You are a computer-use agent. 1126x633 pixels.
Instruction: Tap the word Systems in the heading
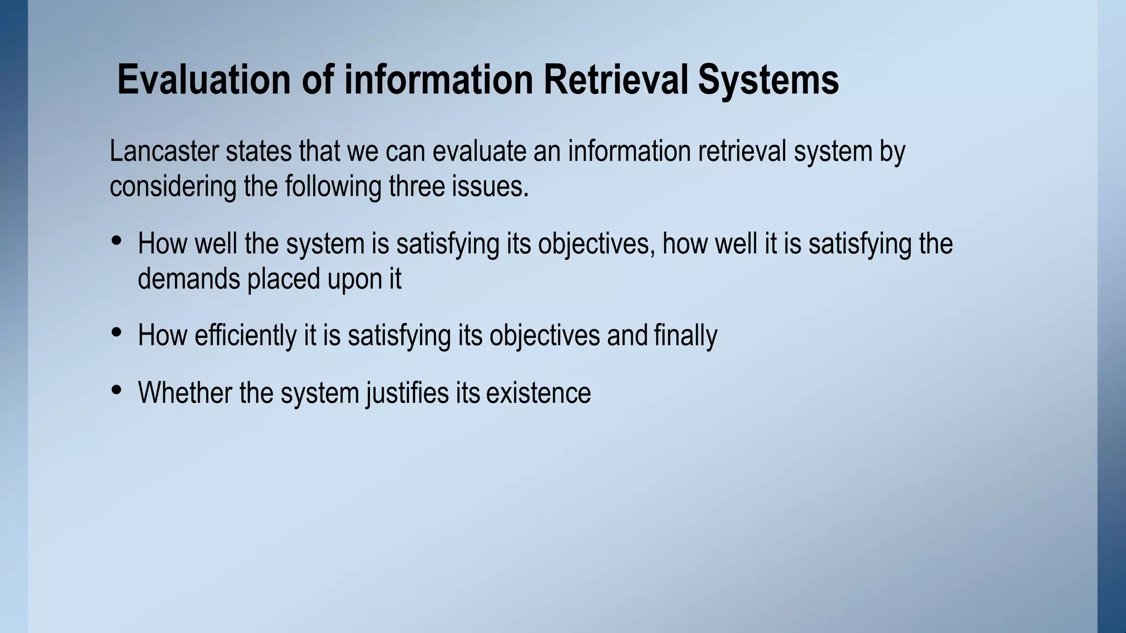click(x=768, y=80)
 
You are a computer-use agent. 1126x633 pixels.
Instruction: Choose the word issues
click(x=490, y=186)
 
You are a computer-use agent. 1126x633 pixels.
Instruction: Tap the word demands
click(x=189, y=279)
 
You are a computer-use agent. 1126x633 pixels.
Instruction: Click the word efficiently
click(x=245, y=335)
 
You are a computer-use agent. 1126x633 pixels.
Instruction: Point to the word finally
click(x=686, y=335)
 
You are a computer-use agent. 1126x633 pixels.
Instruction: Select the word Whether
click(x=185, y=393)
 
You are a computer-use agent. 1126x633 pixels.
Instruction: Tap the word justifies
click(x=407, y=393)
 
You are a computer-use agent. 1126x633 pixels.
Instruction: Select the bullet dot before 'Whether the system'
click(x=116, y=390)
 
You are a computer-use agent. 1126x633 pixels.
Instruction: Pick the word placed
click(x=284, y=279)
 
